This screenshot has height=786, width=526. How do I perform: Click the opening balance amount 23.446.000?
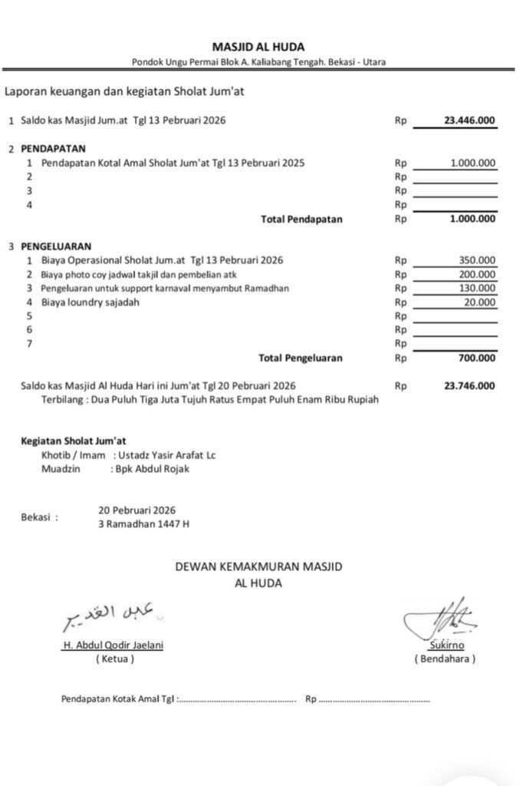(469, 121)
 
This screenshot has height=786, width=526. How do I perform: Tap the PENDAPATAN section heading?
(54, 148)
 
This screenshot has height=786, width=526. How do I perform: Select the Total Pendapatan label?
(301, 219)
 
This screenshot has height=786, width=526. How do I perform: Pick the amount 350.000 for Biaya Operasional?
(476, 260)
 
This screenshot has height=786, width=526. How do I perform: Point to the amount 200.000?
(476, 274)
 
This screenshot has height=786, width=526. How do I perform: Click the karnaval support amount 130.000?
(476, 289)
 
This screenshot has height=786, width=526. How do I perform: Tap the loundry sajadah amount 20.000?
(479, 302)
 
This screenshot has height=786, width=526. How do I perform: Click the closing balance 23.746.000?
(469, 385)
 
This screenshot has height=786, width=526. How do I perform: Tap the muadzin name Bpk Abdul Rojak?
(150, 469)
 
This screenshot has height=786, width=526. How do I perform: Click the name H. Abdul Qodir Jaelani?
(112, 646)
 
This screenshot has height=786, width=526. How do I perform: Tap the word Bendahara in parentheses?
(445, 659)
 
